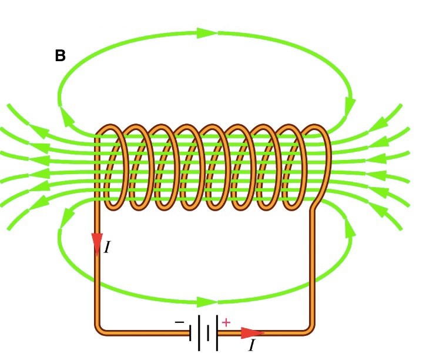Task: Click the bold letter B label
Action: pos(60,56)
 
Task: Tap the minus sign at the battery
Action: pos(179,322)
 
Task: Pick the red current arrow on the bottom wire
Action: pos(251,333)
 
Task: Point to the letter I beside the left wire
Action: pos(108,248)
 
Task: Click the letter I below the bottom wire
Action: pos(251,345)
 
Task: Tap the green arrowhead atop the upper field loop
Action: pos(207,33)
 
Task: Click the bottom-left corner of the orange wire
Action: pos(99,329)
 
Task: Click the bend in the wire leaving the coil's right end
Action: pos(316,206)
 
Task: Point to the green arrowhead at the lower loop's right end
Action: pos(350,226)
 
